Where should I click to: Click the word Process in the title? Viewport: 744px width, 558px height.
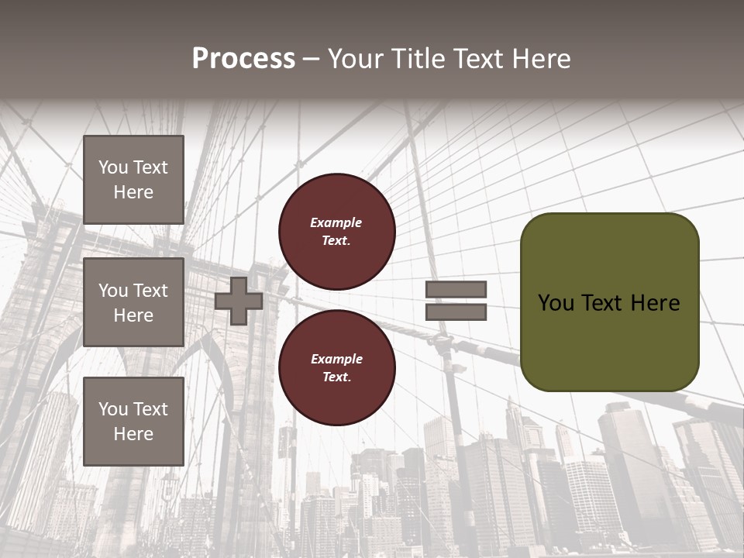click(x=243, y=59)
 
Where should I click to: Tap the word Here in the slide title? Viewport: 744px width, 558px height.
click(x=540, y=59)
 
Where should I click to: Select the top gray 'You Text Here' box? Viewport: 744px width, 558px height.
click(x=133, y=180)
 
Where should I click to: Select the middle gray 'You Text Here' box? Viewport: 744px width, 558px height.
click(x=133, y=302)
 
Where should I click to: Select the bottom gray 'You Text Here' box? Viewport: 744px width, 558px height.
click(x=133, y=422)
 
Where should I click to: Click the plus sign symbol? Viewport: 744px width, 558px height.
click(x=239, y=301)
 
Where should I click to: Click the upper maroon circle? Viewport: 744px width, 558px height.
click(x=336, y=231)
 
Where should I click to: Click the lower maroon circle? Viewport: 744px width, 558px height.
click(x=336, y=367)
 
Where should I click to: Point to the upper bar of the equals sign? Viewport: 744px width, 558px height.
click(x=456, y=289)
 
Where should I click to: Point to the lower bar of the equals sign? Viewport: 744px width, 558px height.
click(x=456, y=312)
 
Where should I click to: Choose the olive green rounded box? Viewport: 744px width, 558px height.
click(x=609, y=302)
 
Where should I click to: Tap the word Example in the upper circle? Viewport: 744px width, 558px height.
click(x=336, y=222)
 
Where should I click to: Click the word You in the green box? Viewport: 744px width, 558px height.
click(x=556, y=303)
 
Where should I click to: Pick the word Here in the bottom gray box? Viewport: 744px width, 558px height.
click(x=133, y=434)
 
